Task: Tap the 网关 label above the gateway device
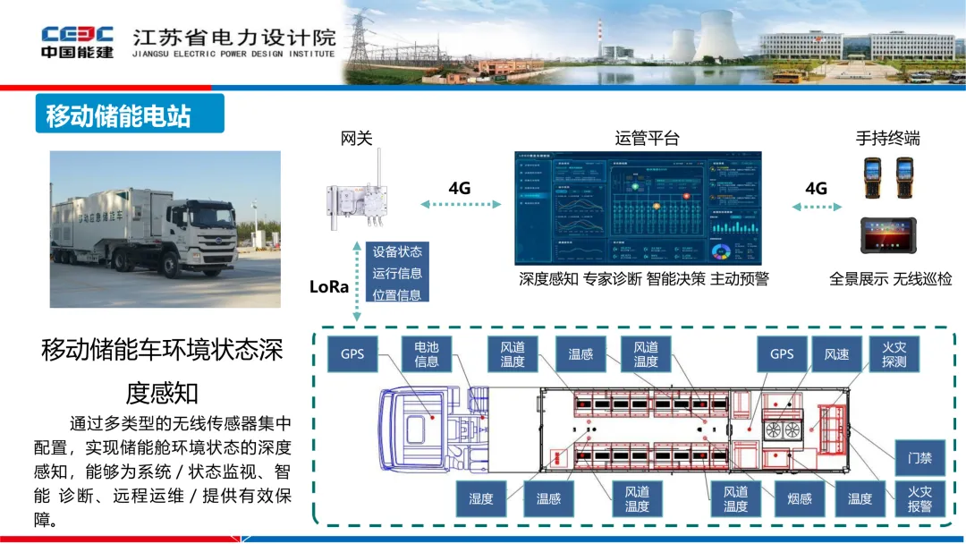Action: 356,139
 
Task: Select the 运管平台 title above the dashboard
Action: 647,139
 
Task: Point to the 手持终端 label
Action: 887,139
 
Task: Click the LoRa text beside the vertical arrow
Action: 328,287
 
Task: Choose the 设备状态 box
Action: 397,252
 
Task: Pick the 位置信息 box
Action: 397,294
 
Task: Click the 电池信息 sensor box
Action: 427,354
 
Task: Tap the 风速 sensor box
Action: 836,354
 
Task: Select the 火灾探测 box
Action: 894,354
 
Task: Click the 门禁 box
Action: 919,458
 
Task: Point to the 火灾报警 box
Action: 919,498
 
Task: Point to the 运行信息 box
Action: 397,274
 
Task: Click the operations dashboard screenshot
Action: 638,208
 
